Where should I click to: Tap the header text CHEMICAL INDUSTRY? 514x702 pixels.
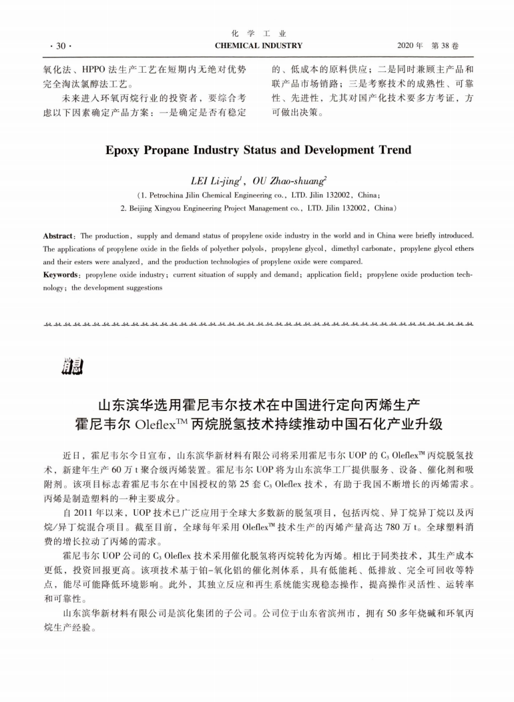coord(258,46)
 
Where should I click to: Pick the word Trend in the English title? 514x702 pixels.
coord(391,150)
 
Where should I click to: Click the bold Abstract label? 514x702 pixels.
coord(58,236)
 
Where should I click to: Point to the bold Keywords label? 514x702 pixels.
coord(61,274)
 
